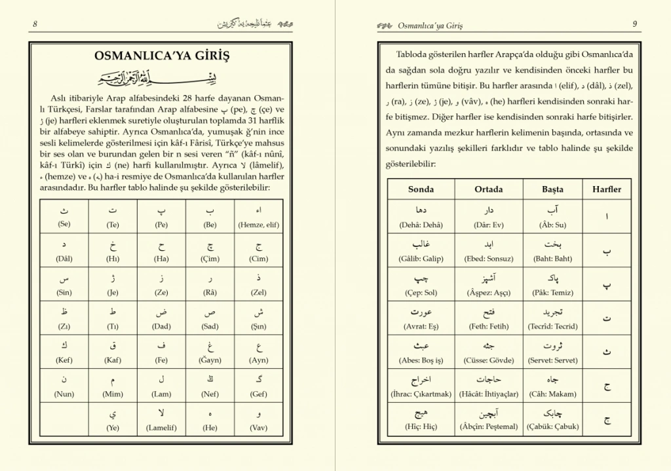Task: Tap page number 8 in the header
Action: point(34,24)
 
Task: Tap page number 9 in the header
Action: point(635,24)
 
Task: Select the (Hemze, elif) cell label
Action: point(259,224)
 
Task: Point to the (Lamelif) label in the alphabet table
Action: point(162,428)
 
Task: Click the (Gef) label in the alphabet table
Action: point(259,394)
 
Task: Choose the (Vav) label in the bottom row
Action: point(259,428)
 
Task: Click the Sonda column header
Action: point(421,189)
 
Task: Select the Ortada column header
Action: point(489,189)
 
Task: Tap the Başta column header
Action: point(552,189)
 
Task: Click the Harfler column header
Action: point(607,189)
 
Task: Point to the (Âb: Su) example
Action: point(552,225)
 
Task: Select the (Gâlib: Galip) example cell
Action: point(421,259)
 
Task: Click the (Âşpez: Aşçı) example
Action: point(489,293)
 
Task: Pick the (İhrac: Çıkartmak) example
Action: point(421,394)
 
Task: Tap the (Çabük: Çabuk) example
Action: point(552,428)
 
